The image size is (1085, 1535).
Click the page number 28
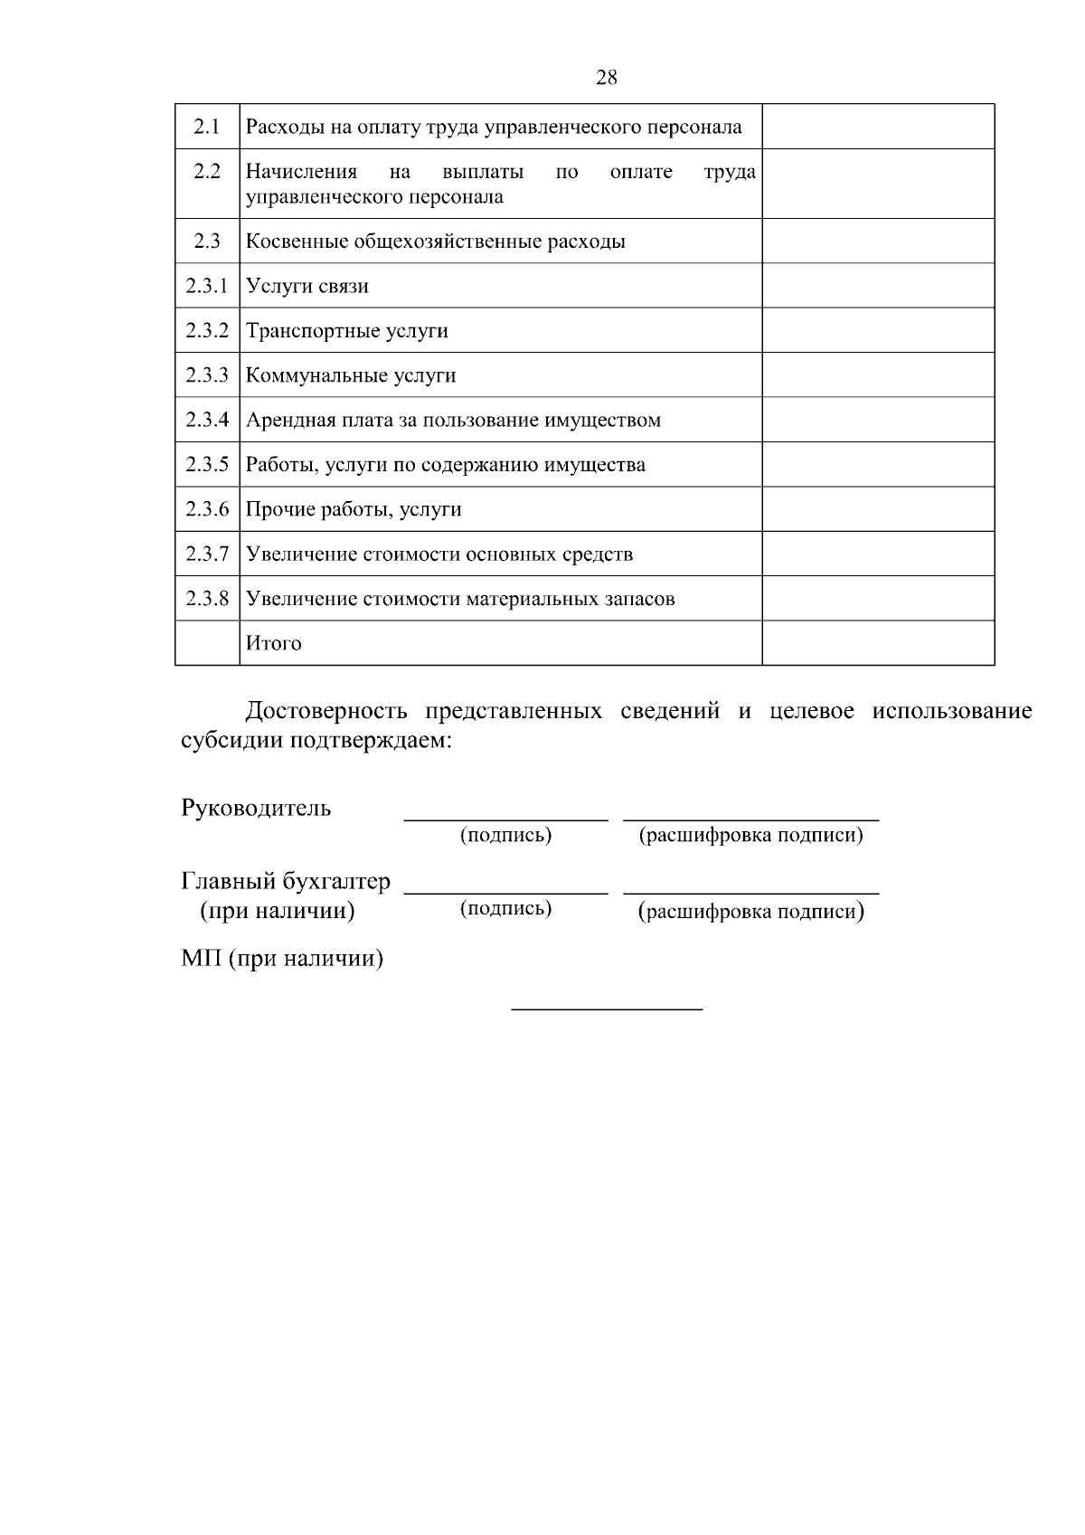[x=607, y=78]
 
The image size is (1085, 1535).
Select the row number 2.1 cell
[x=207, y=127]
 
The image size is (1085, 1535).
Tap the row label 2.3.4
[x=207, y=420]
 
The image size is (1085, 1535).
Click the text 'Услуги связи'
[x=307, y=287]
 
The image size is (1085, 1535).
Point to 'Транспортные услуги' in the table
[x=347, y=331]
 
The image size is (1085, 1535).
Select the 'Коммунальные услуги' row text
[x=351, y=375]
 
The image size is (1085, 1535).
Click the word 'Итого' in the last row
[x=274, y=644]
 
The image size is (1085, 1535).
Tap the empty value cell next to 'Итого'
[x=877, y=643]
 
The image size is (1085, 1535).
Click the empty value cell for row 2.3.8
[x=877, y=599]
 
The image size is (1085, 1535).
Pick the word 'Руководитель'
[x=256, y=808]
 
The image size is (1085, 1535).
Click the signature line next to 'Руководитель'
[x=505, y=819]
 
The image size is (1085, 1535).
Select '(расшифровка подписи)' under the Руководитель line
[x=750, y=835]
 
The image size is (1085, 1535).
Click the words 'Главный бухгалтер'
[x=286, y=881]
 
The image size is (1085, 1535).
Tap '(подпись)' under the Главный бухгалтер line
[x=505, y=908]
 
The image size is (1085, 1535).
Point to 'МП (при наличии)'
[x=282, y=958]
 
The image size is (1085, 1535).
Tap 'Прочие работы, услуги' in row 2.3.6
[x=354, y=509]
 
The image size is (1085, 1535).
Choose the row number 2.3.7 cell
[x=207, y=554]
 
